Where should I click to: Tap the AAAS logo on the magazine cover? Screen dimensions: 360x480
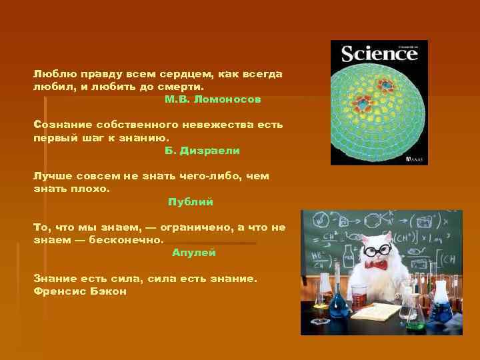click(x=416, y=160)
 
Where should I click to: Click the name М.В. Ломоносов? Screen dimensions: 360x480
click(x=213, y=99)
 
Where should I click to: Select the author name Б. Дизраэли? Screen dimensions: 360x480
click(x=202, y=151)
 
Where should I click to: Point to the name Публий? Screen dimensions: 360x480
click(x=191, y=201)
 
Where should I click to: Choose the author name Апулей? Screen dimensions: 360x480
click(x=194, y=253)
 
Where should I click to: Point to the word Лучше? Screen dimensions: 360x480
click(x=51, y=176)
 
